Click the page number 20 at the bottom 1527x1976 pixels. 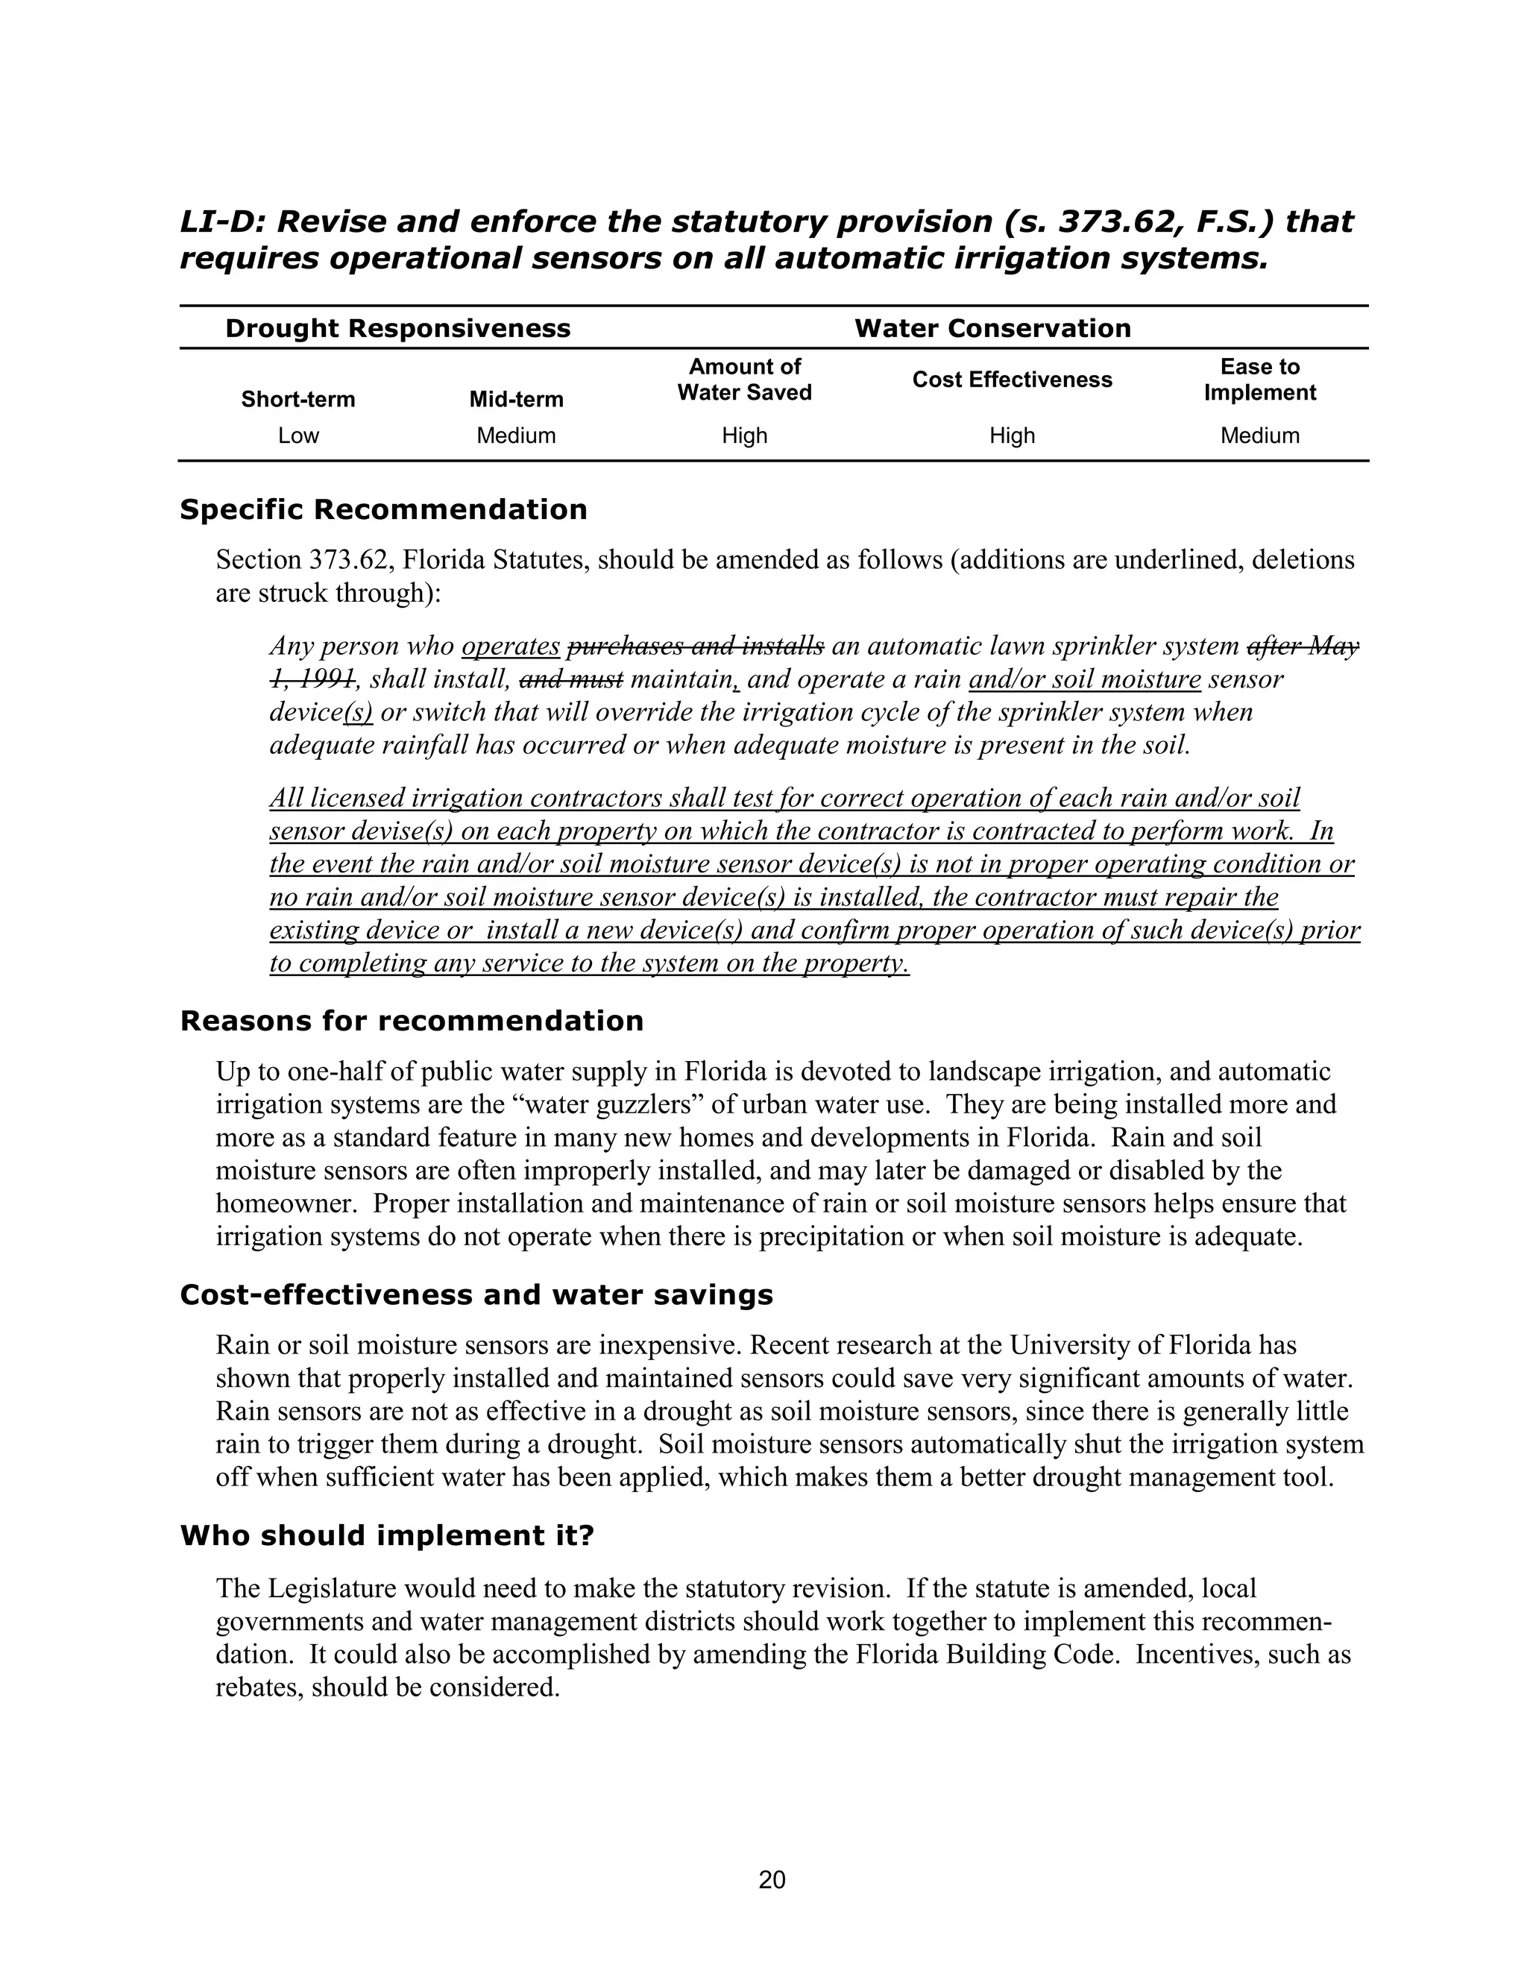(772, 1880)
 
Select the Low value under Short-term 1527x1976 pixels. (297, 435)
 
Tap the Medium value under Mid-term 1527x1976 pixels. (516, 435)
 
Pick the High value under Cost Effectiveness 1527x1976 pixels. (1011, 435)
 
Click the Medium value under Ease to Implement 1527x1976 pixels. (1259, 435)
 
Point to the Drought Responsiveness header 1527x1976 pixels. (397, 327)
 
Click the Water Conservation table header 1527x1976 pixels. (992, 327)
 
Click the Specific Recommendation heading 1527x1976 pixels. (382, 509)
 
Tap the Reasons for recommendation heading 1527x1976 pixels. (412, 1021)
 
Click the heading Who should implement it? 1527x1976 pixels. (386, 1535)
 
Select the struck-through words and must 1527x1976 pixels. (572, 679)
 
